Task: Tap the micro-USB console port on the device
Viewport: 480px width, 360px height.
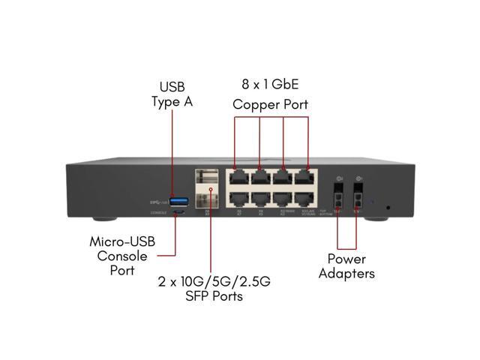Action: [x=178, y=212]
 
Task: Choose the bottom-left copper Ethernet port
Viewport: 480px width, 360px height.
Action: [x=241, y=199]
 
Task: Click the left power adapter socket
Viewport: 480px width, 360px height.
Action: [x=339, y=202]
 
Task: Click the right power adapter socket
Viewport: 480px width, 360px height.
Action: [x=358, y=202]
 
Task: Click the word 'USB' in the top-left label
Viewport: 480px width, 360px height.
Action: [x=172, y=88]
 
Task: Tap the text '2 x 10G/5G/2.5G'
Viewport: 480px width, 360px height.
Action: [x=214, y=281]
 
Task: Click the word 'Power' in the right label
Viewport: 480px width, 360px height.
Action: [x=346, y=259]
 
